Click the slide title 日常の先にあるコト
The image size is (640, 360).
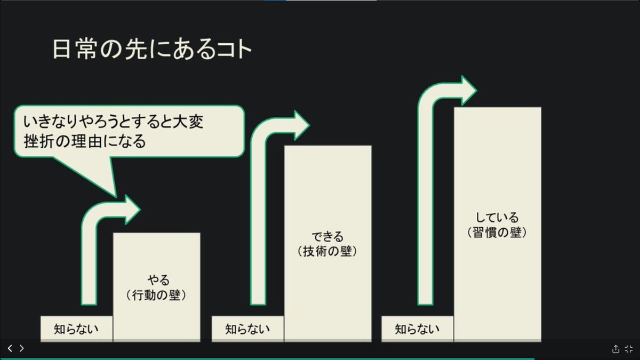click(x=152, y=50)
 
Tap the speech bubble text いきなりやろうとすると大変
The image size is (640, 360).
click(x=114, y=122)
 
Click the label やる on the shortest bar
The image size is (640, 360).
click(x=157, y=280)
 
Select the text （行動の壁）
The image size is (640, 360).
click(x=157, y=295)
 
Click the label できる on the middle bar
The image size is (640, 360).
click(x=327, y=236)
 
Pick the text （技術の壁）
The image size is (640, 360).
click(x=327, y=251)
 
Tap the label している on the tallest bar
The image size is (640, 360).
click(x=497, y=218)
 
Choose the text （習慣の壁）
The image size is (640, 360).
click(x=497, y=233)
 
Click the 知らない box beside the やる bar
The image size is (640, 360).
click(x=76, y=329)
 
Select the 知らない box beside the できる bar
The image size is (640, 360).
click(x=247, y=329)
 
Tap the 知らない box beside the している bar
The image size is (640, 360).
click(x=418, y=329)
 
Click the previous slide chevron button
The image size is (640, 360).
click(x=10, y=348)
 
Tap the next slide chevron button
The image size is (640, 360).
click(x=22, y=348)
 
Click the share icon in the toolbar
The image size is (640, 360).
click(x=615, y=349)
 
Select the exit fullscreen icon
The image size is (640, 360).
click(x=629, y=349)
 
